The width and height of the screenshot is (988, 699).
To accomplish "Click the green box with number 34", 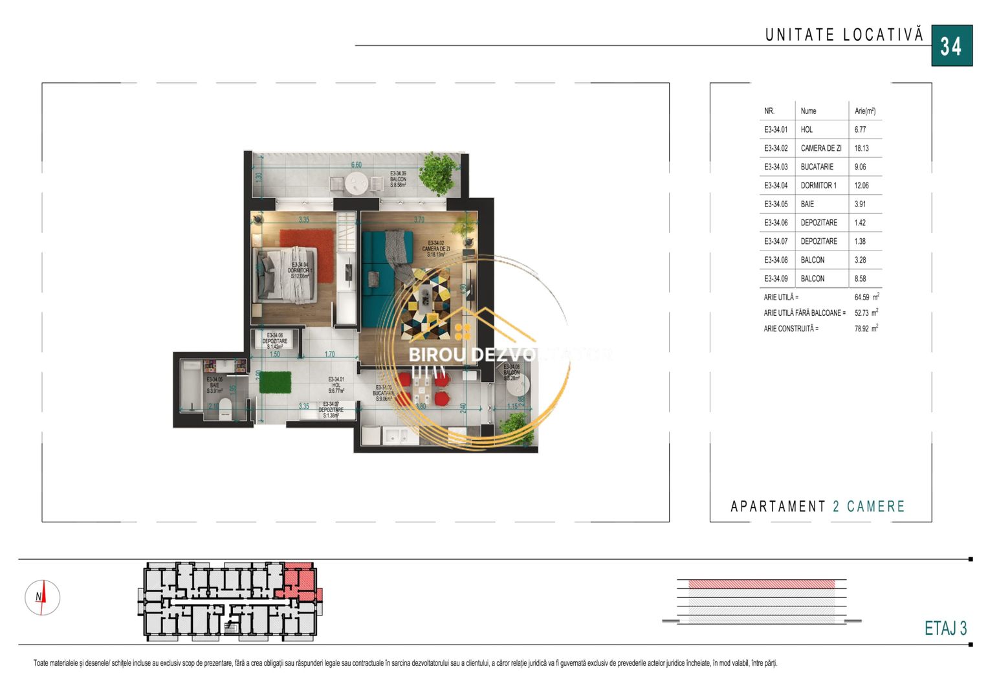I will tap(951, 46).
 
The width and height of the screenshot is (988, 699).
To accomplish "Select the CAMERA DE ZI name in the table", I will tap(820, 148).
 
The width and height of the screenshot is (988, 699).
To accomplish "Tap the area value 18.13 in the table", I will tap(861, 148).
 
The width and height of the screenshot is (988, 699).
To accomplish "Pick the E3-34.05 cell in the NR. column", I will tap(776, 204).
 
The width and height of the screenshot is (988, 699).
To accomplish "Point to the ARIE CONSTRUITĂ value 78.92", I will tap(861, 329).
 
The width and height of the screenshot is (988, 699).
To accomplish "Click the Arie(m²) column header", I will tap(864, 111).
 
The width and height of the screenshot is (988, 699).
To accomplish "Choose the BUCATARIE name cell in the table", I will tap(817, 167).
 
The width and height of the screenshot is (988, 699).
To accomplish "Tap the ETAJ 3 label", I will tap(945, 628).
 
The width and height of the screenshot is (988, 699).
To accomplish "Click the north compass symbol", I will tap(42, 597).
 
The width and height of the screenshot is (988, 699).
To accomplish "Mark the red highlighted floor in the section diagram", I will tap(762, 584).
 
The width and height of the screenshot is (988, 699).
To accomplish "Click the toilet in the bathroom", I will tap(225, 406).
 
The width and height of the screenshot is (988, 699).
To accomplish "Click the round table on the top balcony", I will tap(356, 184).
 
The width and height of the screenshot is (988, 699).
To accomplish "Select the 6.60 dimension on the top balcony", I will tap(357, 164).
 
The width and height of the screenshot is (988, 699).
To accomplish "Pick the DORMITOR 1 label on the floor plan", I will tap(300, 270).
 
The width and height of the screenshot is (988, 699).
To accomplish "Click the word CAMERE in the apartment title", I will tap(875, 506).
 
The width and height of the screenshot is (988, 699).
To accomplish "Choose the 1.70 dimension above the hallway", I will tap(329, 355).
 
